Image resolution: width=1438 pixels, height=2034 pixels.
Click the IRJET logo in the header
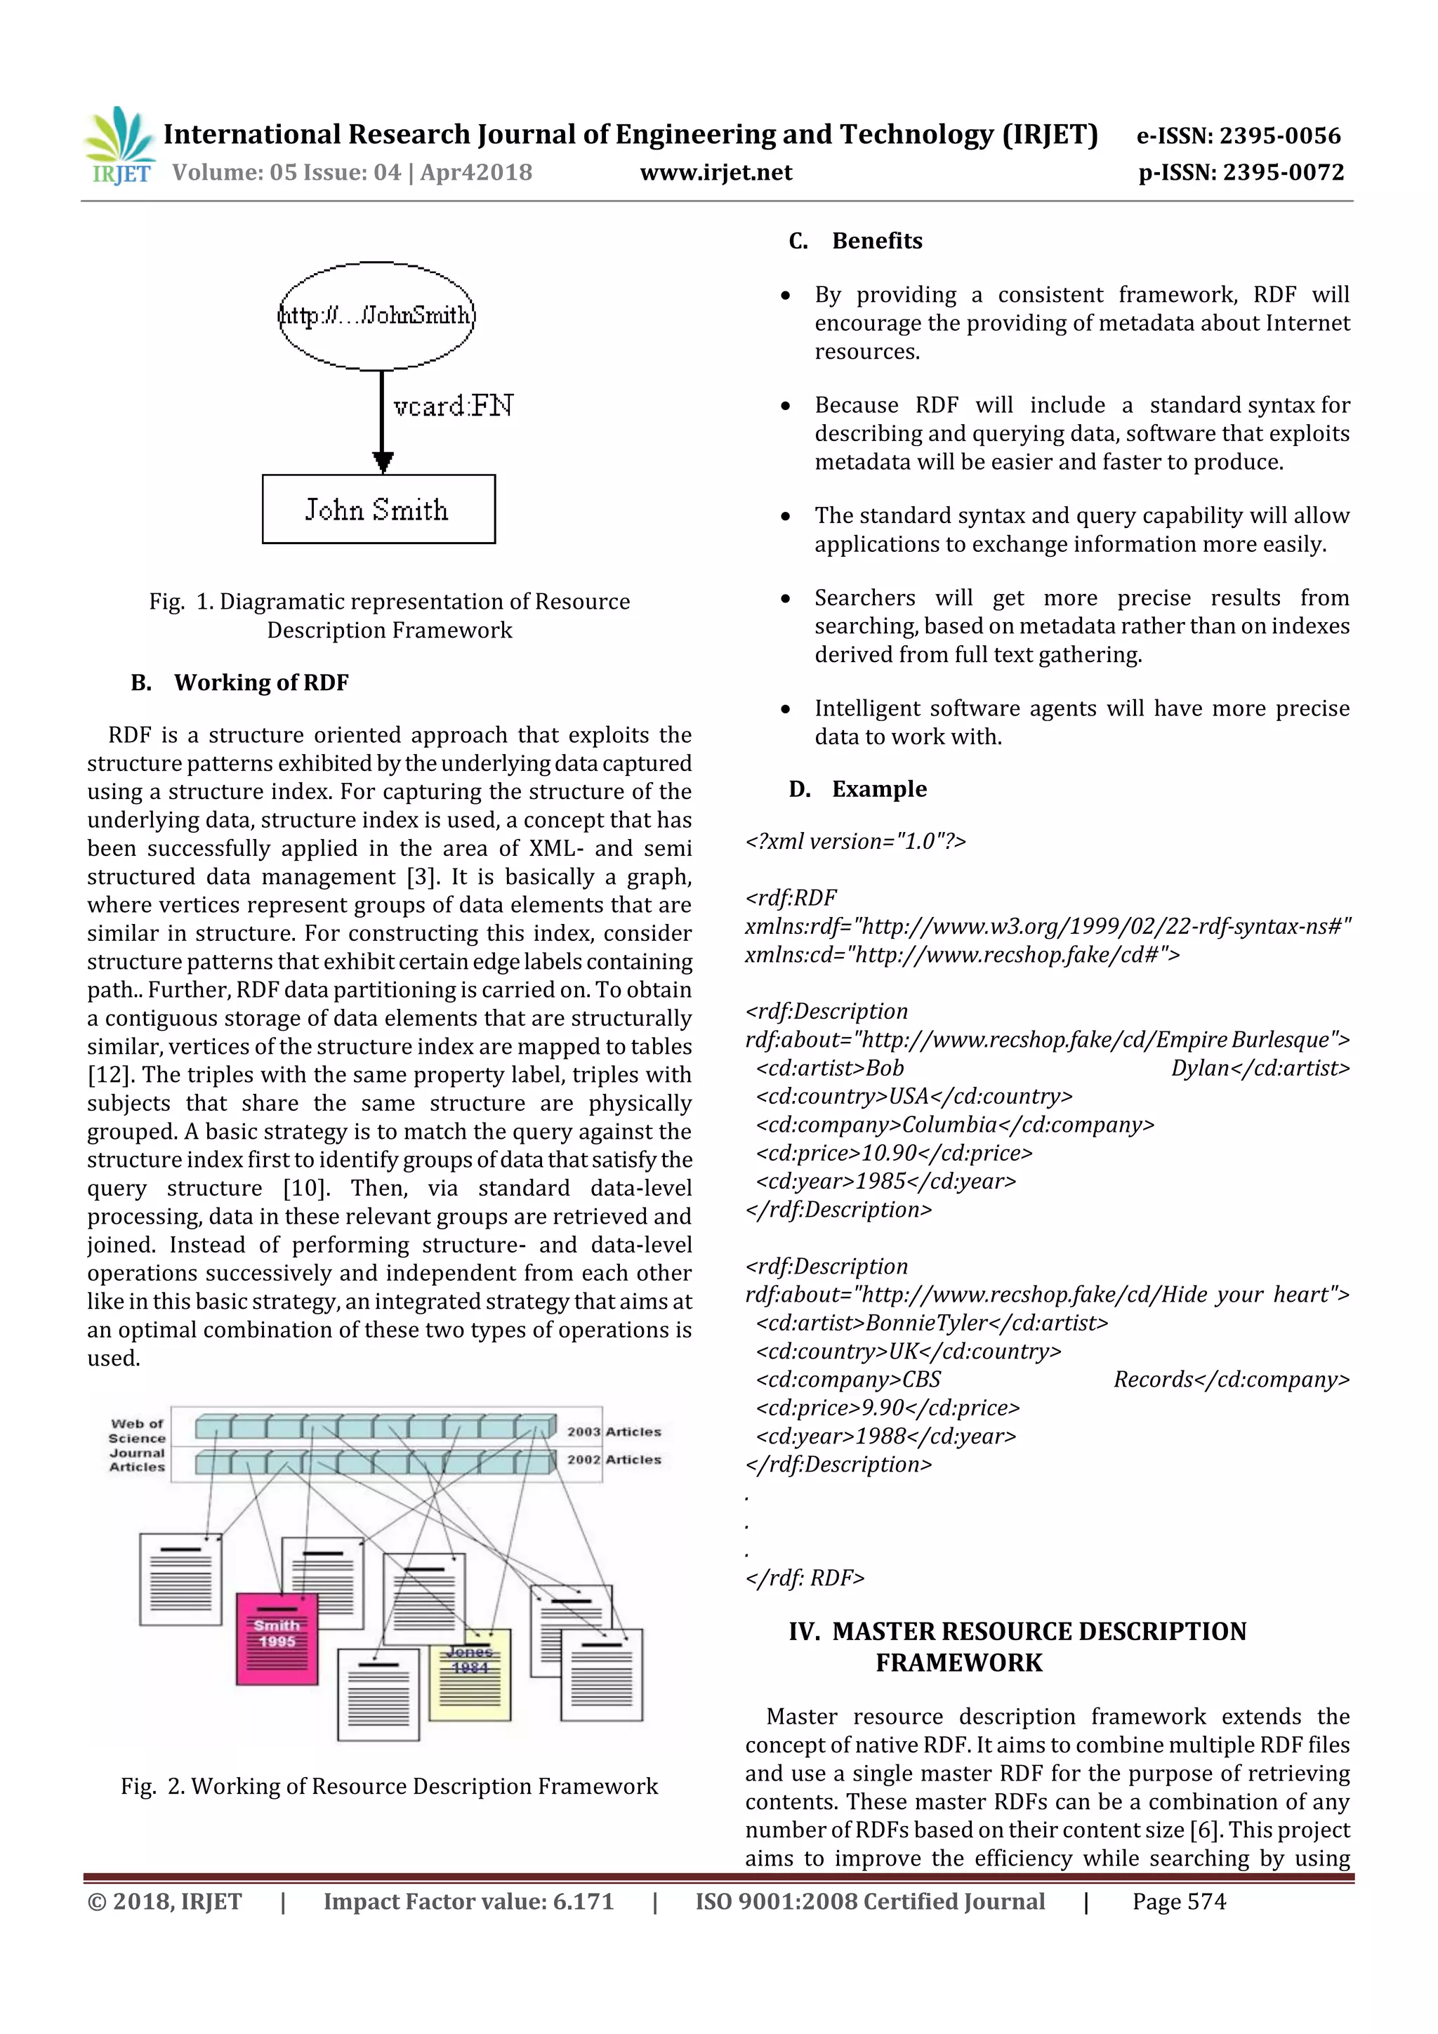tap(119, 146)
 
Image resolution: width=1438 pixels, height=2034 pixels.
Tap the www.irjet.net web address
tap(716, 172)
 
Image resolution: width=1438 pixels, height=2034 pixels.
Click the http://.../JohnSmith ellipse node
tap(376, 315)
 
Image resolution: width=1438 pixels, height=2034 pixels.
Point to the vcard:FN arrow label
tap(453, 406)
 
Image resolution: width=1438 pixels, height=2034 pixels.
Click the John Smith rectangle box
tap(378, 510)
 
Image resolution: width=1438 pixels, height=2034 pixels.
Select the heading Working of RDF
tap(260, 682)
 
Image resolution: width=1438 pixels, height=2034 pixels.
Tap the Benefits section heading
tap(876, 241)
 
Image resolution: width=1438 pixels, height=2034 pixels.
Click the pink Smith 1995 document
tap(277, 1638)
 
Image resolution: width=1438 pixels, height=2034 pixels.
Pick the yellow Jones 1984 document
tap(470, 1673)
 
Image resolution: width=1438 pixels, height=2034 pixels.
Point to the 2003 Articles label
tap(614, 1432)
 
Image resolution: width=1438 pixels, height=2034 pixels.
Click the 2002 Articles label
tap(614, 1459)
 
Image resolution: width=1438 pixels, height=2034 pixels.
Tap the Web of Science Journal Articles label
tap(138, 1445)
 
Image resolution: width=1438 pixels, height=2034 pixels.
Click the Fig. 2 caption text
tap(389, 1786)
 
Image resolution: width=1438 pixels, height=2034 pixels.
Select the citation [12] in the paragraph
tap(105, 1075)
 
